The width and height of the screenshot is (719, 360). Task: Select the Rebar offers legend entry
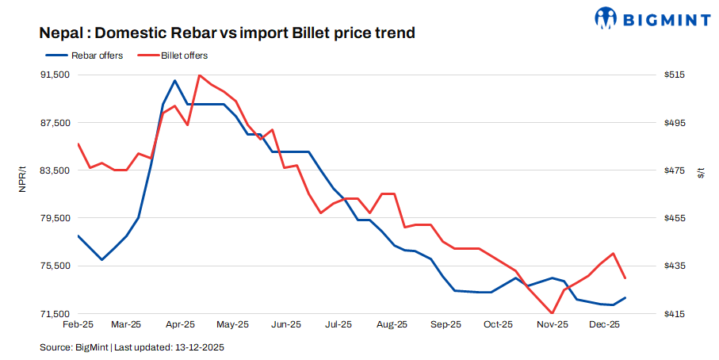coord(97,56)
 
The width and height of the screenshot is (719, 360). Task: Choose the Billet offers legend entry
coord(184,56)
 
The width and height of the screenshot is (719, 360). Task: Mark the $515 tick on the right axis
coord(675,75)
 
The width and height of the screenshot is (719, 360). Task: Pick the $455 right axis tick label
coord(675,218)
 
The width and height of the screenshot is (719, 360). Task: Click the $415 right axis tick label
coord(675,314)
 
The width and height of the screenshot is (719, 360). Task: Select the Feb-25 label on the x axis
coord(78,324)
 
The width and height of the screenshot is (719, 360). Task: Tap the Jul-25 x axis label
coord(338,324)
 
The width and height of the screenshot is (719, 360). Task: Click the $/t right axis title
coord(700,174)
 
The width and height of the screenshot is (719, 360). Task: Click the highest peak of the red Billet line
coord(199,75)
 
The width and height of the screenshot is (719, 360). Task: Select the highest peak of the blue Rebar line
coord(174,81)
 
